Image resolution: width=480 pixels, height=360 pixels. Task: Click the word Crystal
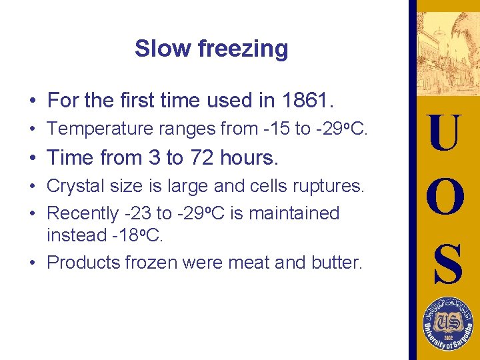pyautogui.click(x=71, y=186)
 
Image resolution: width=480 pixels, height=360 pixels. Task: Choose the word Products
pyautogui.click(x=84, y=263)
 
